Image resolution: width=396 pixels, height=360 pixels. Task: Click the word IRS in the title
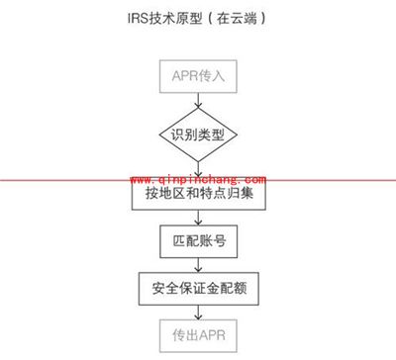point(139,18)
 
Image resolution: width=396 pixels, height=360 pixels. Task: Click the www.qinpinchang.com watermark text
point(198,181)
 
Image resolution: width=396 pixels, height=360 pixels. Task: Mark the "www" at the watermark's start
point(140,181)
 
